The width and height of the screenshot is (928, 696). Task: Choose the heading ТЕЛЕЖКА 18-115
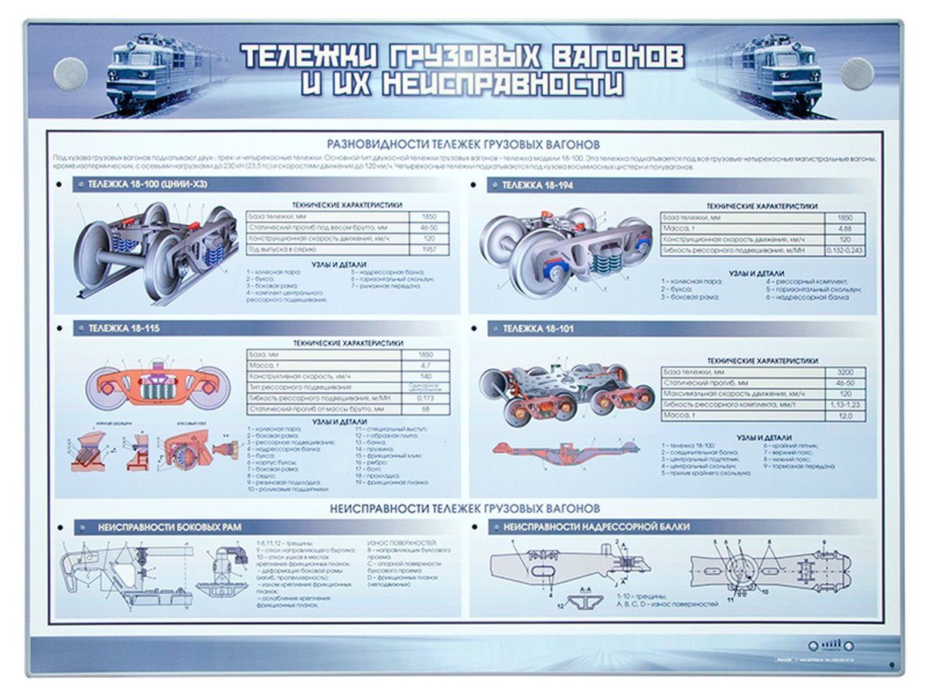point(124,329)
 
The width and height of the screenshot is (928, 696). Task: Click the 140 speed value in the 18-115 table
point(425,376)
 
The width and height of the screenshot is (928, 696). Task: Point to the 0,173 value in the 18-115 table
point(425,397)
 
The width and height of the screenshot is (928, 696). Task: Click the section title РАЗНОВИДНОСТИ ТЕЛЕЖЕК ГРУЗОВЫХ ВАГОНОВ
point(464,144)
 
